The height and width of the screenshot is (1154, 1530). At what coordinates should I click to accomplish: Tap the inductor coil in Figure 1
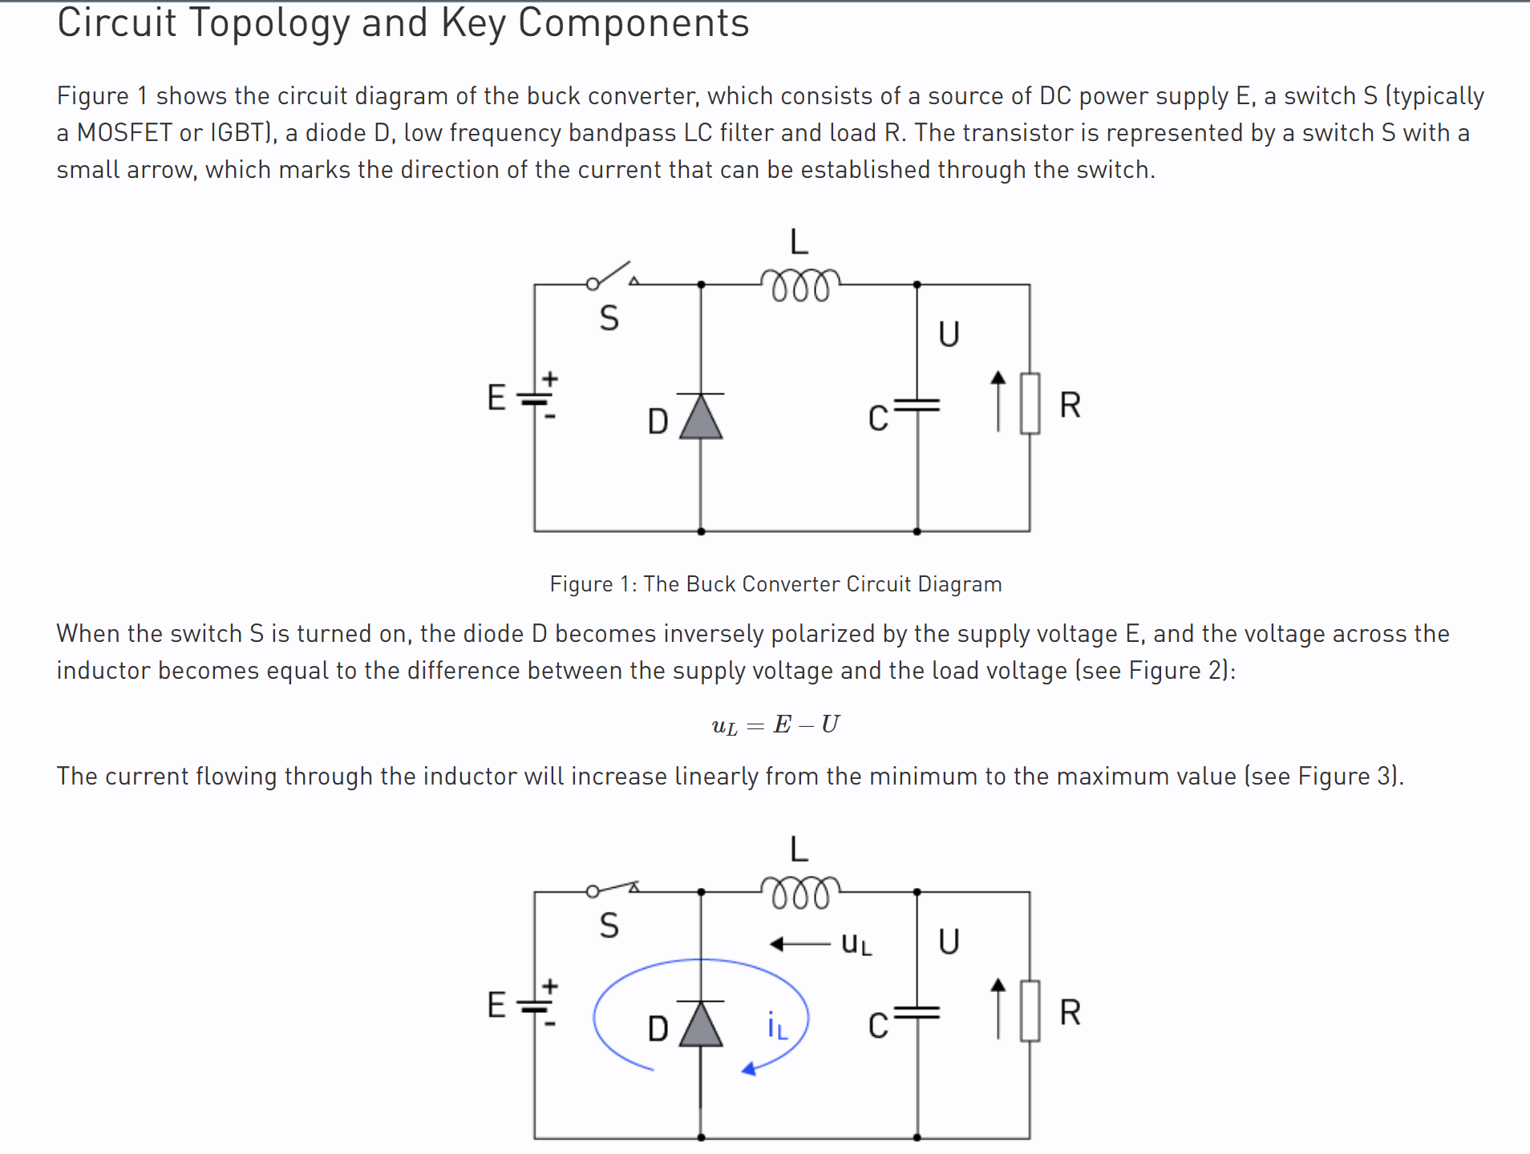pyautogui.click(x=800, y=284)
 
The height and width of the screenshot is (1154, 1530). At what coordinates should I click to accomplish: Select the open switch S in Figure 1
pyautogui.click(x=613, y=275)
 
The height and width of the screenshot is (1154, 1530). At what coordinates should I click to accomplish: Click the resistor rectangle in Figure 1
pyautogui.click(x=1030, y=404)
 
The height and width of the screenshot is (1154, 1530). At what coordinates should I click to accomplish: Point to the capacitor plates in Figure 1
pyautogui.click(x=917, y=405)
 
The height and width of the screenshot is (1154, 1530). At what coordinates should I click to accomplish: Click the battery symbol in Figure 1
pyautogui.click(x=535, y=398)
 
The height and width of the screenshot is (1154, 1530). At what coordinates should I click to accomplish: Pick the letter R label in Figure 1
pyautogui.click(x=1071, y=405)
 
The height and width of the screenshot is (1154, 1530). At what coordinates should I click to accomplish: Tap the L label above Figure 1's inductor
pyautogui.click(x=799, y=241)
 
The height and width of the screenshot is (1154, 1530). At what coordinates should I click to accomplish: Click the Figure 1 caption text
pyautogui.click(x=775, y=583)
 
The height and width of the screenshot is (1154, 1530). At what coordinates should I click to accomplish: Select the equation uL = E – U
pyautogui.click(x=775, y=724)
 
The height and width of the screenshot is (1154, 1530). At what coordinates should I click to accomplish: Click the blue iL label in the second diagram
pyautogui.click(x=778, y=1026)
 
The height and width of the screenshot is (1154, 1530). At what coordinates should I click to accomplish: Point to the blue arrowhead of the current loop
pyautogui.click(x=749, y=1068)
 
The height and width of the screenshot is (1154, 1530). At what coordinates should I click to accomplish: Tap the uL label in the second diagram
pyautogui.click(x=856, y=944)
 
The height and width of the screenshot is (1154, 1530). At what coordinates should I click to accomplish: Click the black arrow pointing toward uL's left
pyautogui.click(x=799, y=944)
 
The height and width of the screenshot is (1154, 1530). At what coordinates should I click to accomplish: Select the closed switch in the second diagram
pyautogui.click(x=613, y=888)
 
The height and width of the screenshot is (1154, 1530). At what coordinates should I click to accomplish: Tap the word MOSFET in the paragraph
pyautogui.click(x=124, y=132)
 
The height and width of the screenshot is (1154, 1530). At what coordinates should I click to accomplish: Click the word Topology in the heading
pyautogui.click(x=269, y=22)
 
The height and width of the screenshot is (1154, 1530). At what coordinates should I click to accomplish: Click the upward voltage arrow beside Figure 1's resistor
pyautogui.click(x=998, y=401)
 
